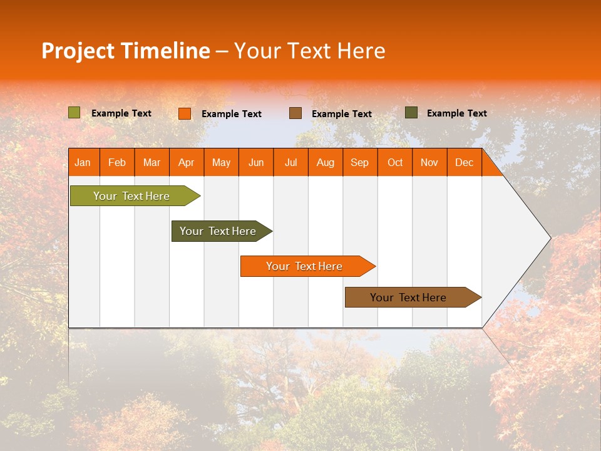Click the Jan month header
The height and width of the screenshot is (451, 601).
83,163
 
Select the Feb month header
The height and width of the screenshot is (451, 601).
117,163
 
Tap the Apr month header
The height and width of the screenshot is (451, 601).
186,163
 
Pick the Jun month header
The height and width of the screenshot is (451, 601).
256,163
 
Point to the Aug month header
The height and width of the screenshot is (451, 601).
325,163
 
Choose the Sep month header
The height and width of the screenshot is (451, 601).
359,163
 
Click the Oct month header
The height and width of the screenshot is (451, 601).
395,163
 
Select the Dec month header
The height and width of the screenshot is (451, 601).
464,163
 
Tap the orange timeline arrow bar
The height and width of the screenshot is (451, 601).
305,266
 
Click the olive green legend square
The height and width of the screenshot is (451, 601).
74,113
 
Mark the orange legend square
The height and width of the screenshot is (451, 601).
184,113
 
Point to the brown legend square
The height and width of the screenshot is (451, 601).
295,113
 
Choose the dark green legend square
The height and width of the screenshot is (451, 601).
411,113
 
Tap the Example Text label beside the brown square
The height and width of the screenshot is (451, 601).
341,114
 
